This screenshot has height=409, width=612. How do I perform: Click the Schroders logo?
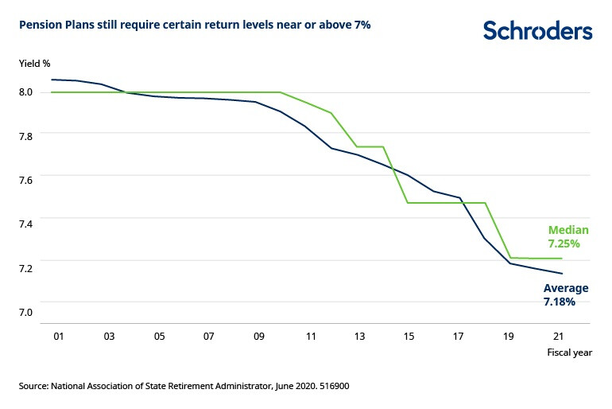pos(537,31)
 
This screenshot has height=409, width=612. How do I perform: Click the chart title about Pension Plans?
pos(195,25)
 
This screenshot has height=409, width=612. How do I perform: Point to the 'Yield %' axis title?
pos(33,61)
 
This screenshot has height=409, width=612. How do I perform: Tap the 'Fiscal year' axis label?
pos(570,352)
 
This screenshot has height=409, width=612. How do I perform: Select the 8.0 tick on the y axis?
pos(25,92)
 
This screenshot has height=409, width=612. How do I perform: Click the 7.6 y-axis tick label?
pos(25,180)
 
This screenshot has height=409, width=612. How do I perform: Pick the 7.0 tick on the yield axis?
pos(25,311)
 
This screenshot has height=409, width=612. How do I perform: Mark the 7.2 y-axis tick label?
pos(25,267)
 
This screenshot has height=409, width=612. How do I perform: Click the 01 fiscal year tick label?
pos(58,337)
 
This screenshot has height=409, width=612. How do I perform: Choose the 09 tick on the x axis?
pos(259,337)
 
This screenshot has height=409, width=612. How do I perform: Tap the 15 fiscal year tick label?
pos(409,337)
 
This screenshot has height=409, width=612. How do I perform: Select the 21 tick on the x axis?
pos(560,337)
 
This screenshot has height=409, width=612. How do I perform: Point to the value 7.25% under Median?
pos(564,243)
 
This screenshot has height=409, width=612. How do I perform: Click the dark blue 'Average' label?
pos(565,288)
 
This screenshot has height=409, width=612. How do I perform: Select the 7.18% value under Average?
pos(560,302)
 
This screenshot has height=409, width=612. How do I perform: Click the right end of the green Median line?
pos(562,259)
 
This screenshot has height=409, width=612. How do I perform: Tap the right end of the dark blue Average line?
pos(562,274)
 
